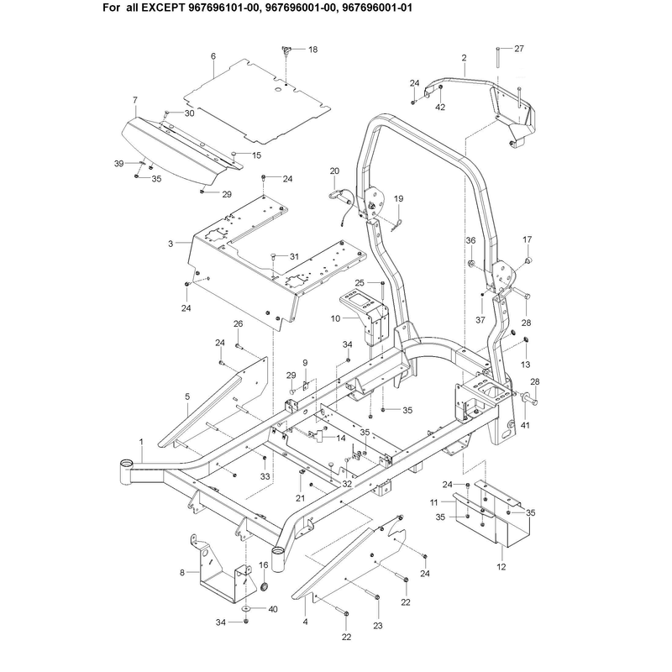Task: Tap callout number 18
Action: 312,50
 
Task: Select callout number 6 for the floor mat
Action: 213,56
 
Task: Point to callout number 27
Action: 519,49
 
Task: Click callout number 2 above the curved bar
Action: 465,57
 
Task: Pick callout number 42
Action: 440,108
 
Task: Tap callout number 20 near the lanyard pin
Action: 334,171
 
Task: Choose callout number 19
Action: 398,198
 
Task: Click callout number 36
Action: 470,240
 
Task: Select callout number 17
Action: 528,239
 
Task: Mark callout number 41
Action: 525,425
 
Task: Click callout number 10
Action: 335,318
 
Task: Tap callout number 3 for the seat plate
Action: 171,244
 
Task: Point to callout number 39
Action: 118,163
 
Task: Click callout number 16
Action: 264,564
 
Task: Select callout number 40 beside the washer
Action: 272,609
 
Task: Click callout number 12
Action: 501,566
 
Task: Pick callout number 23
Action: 377,626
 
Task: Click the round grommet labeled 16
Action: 265,585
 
